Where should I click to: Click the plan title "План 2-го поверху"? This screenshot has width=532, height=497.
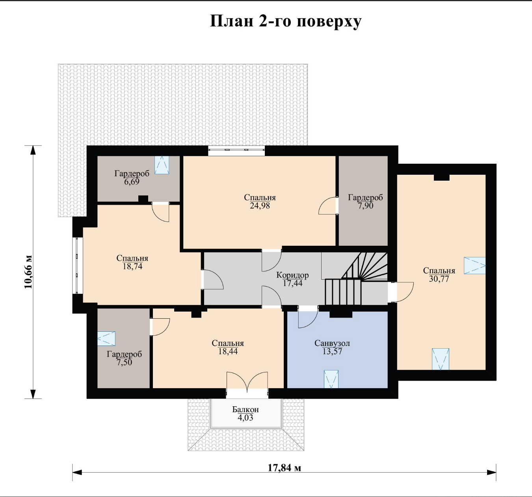click(286, 21)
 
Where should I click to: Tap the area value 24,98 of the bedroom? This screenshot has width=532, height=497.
click(260, 206)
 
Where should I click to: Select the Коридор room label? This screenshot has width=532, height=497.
click(292, 275)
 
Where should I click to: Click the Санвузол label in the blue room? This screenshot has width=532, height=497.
click(332, 343)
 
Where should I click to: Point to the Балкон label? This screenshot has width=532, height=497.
click(246, 409)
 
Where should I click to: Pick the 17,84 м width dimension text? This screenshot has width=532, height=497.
click(285, 468)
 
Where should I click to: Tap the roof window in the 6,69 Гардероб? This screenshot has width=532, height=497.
click(162, 165)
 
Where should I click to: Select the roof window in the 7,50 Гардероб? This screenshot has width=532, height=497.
click(106, 338)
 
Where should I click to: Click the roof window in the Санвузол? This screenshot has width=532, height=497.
click(331, 379)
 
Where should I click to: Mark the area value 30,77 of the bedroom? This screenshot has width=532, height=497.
click(439, 279)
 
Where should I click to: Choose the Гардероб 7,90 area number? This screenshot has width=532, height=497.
click(366, 206)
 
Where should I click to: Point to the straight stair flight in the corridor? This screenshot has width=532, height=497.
click(343, 292)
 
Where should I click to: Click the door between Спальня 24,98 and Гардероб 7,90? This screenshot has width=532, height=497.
click(327, 206)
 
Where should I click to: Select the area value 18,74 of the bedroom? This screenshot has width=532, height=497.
click(132, 266)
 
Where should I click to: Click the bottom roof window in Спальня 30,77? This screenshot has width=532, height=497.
click(441, 359)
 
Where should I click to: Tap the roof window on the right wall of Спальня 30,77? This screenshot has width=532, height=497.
click(475, 265)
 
